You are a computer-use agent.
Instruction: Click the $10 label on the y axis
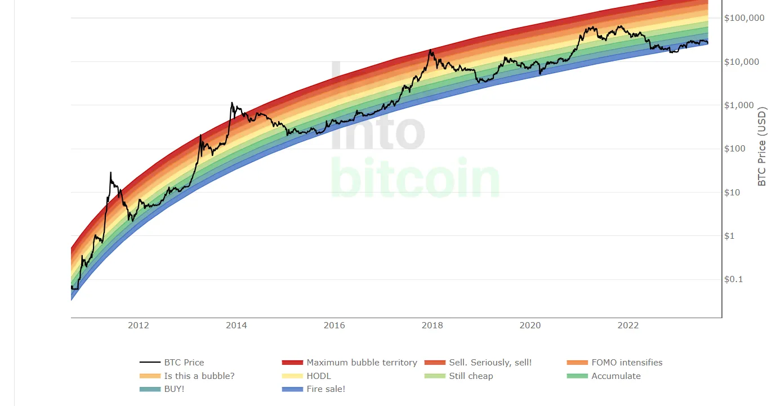tap(735, 193)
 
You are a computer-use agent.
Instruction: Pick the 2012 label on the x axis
tap(139, 325)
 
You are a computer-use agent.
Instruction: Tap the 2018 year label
tap(432, 325)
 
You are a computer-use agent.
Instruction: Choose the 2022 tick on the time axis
tap(628, 325)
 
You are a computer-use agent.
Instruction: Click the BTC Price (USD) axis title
tap(762, 146)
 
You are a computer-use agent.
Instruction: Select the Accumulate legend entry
tap(616, 376)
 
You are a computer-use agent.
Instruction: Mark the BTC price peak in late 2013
tap(231, 103)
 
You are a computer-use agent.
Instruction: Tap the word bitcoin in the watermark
tap(415, 179)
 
